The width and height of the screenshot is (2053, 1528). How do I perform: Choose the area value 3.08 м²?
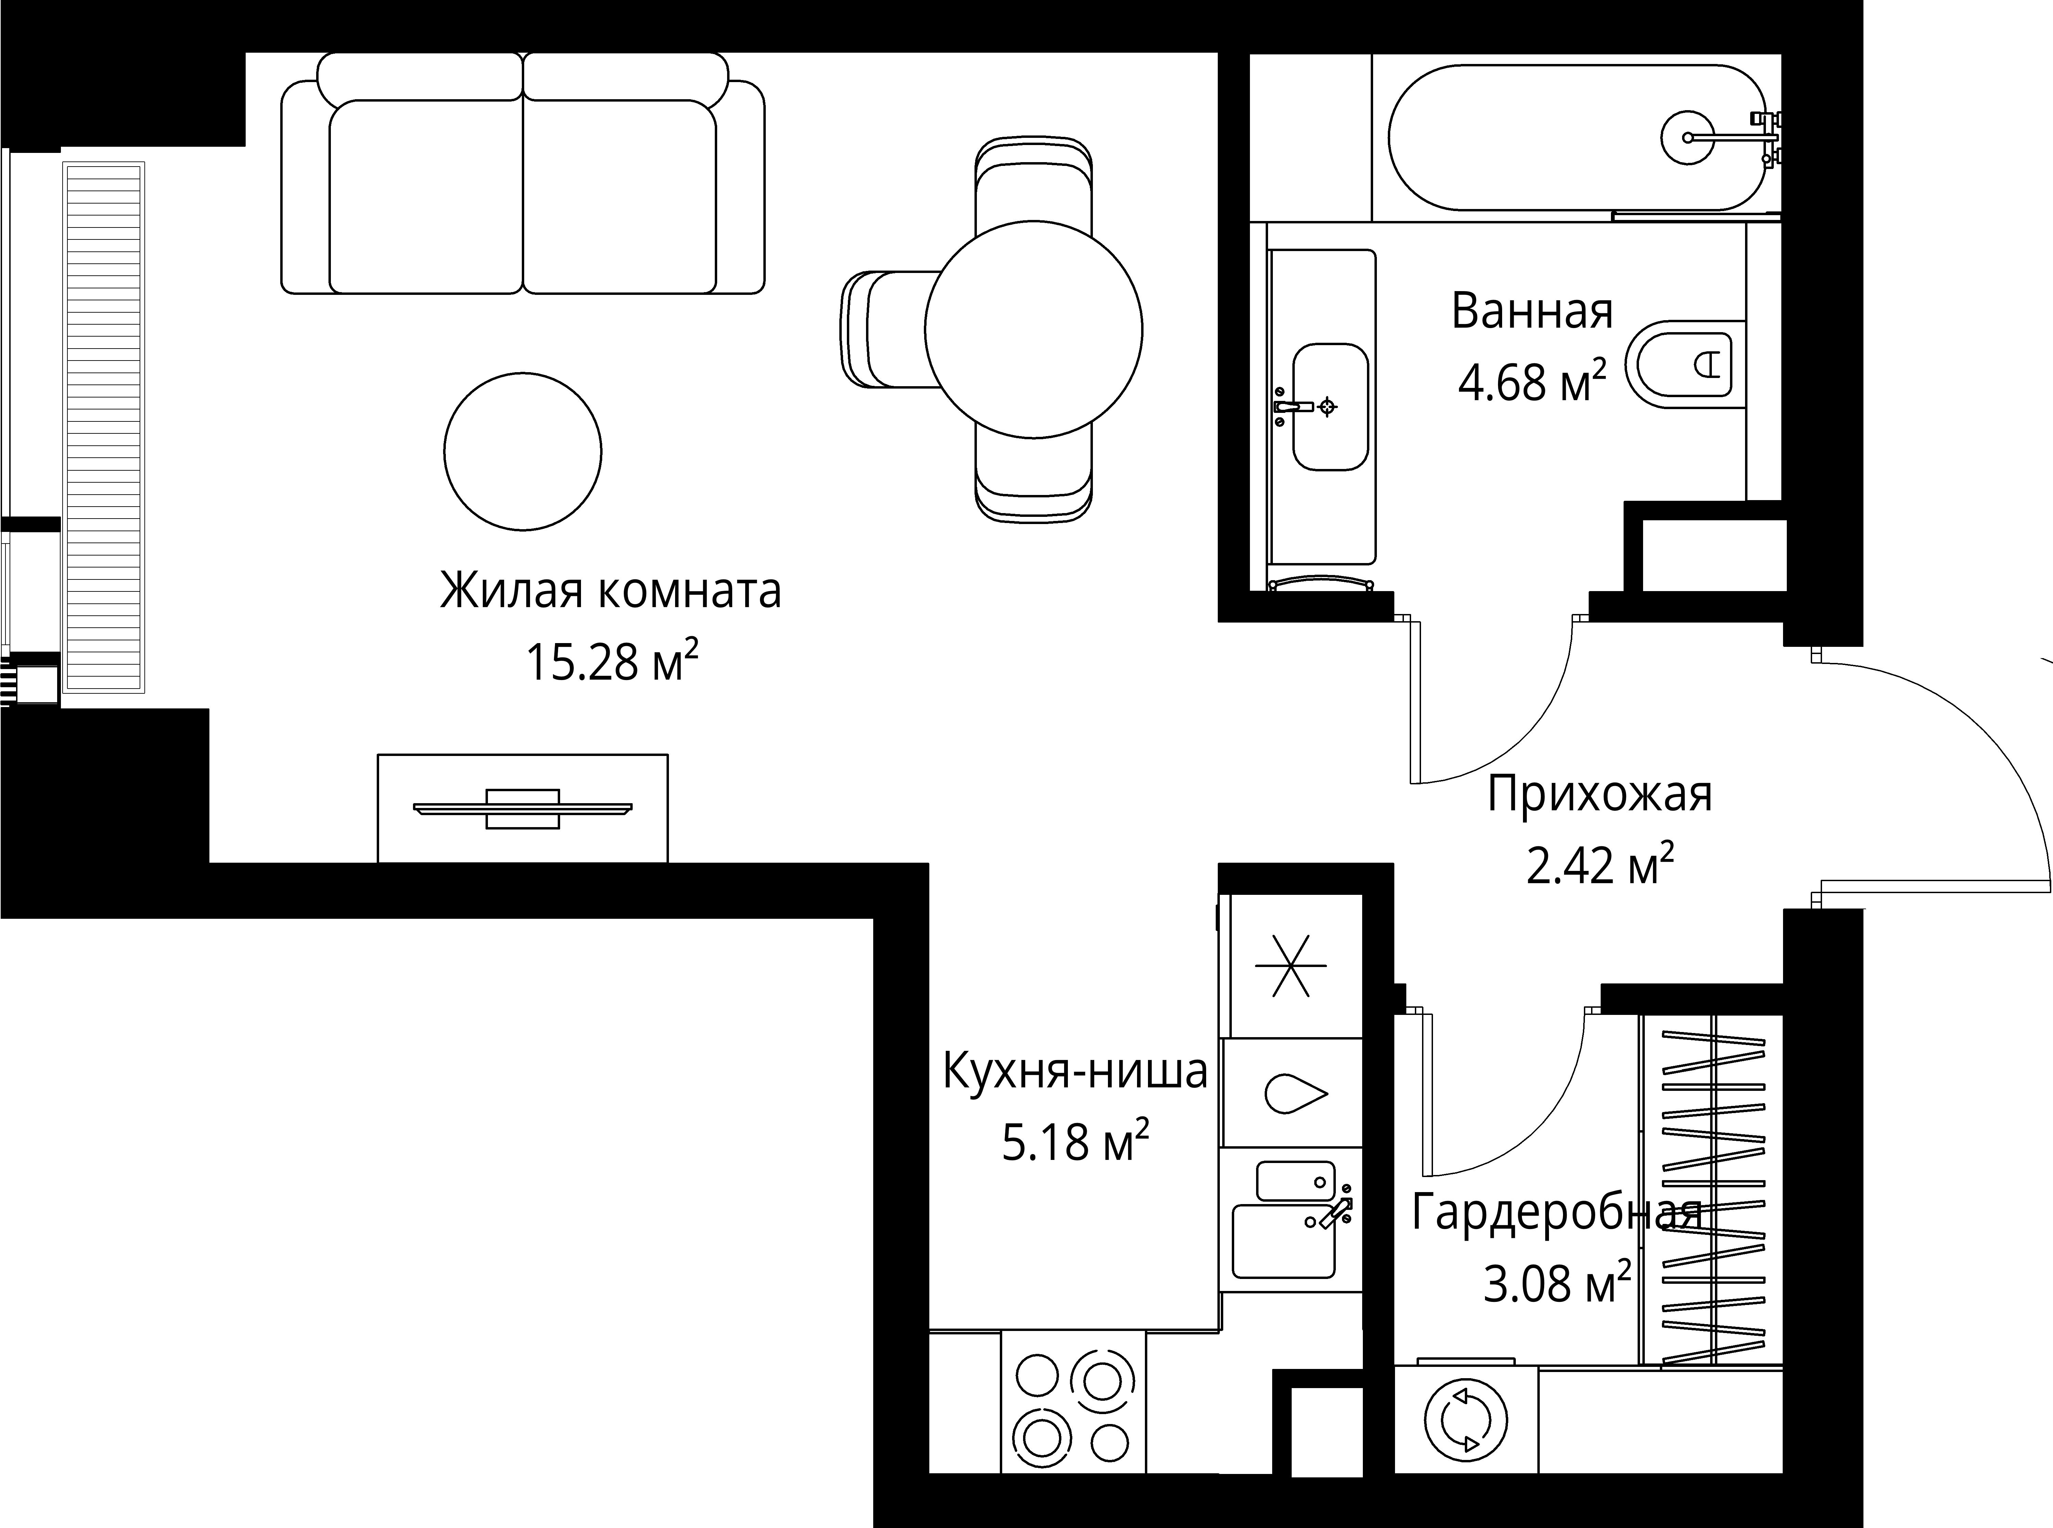[x=1557, y=1284]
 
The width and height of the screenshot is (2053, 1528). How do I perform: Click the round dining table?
[x=1033, y=329]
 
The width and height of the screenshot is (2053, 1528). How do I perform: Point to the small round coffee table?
[x=523, y=452]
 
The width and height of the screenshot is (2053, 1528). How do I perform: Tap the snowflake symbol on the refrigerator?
[x=1291, y=966]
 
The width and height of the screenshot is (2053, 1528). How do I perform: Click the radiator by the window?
[x=104, y=427]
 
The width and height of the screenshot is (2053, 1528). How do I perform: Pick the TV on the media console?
[x=523, y=808]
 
